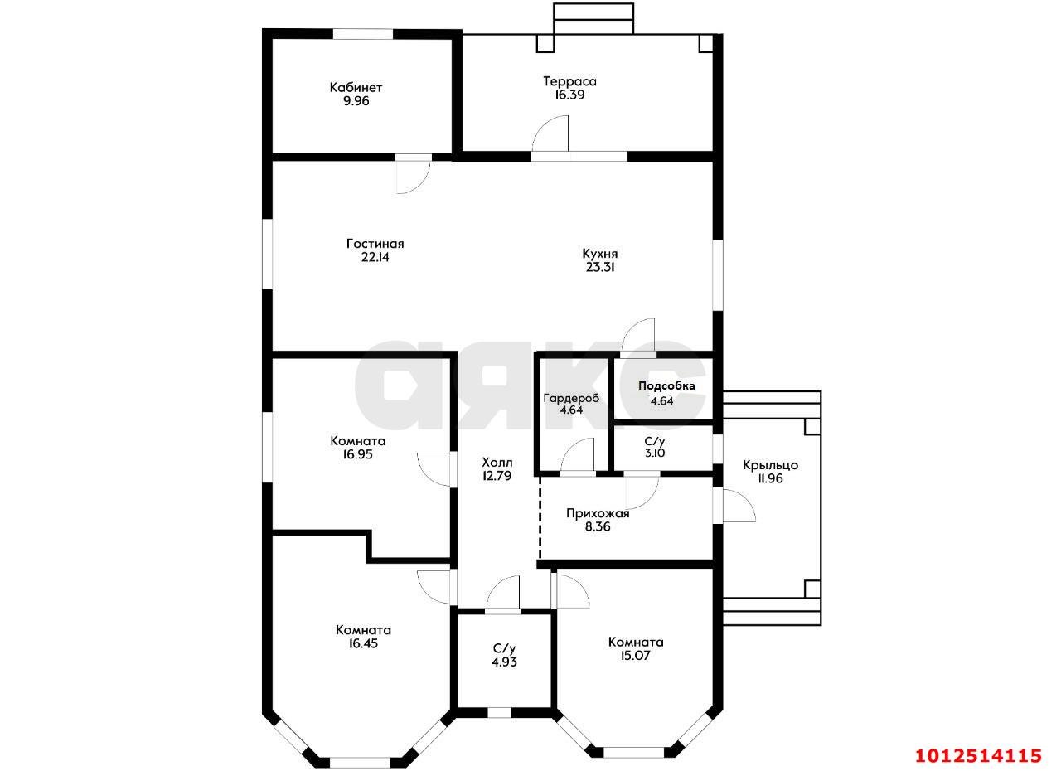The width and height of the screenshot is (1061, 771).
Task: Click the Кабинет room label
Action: pos(356,88)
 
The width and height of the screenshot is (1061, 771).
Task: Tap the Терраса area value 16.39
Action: pos(569,95)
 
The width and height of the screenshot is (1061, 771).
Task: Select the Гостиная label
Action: pos(375,244)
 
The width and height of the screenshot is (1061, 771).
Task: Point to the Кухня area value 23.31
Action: pos(600,267)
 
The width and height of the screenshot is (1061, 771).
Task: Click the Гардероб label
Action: pos(571,398)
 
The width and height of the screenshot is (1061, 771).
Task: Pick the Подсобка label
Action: pos(666,386)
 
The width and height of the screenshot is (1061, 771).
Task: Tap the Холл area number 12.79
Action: pos(497,476)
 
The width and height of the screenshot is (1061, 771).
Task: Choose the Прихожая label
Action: pos(598,514)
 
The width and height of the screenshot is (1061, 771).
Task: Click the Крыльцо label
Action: pos(770,466)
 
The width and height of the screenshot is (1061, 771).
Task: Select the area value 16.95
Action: pos(358,454)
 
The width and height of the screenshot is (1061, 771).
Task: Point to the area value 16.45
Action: pos(363,643)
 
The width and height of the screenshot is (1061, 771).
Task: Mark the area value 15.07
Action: pos(635,656)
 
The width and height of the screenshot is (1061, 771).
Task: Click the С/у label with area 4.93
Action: pos(504,648)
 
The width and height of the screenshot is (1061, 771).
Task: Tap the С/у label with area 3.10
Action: pos(655,441)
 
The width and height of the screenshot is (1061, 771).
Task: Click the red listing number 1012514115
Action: pos(978,755)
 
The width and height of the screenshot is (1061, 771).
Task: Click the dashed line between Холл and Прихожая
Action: pos(540,517)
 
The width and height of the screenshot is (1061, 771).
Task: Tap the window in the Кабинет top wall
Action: pos(363,34)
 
